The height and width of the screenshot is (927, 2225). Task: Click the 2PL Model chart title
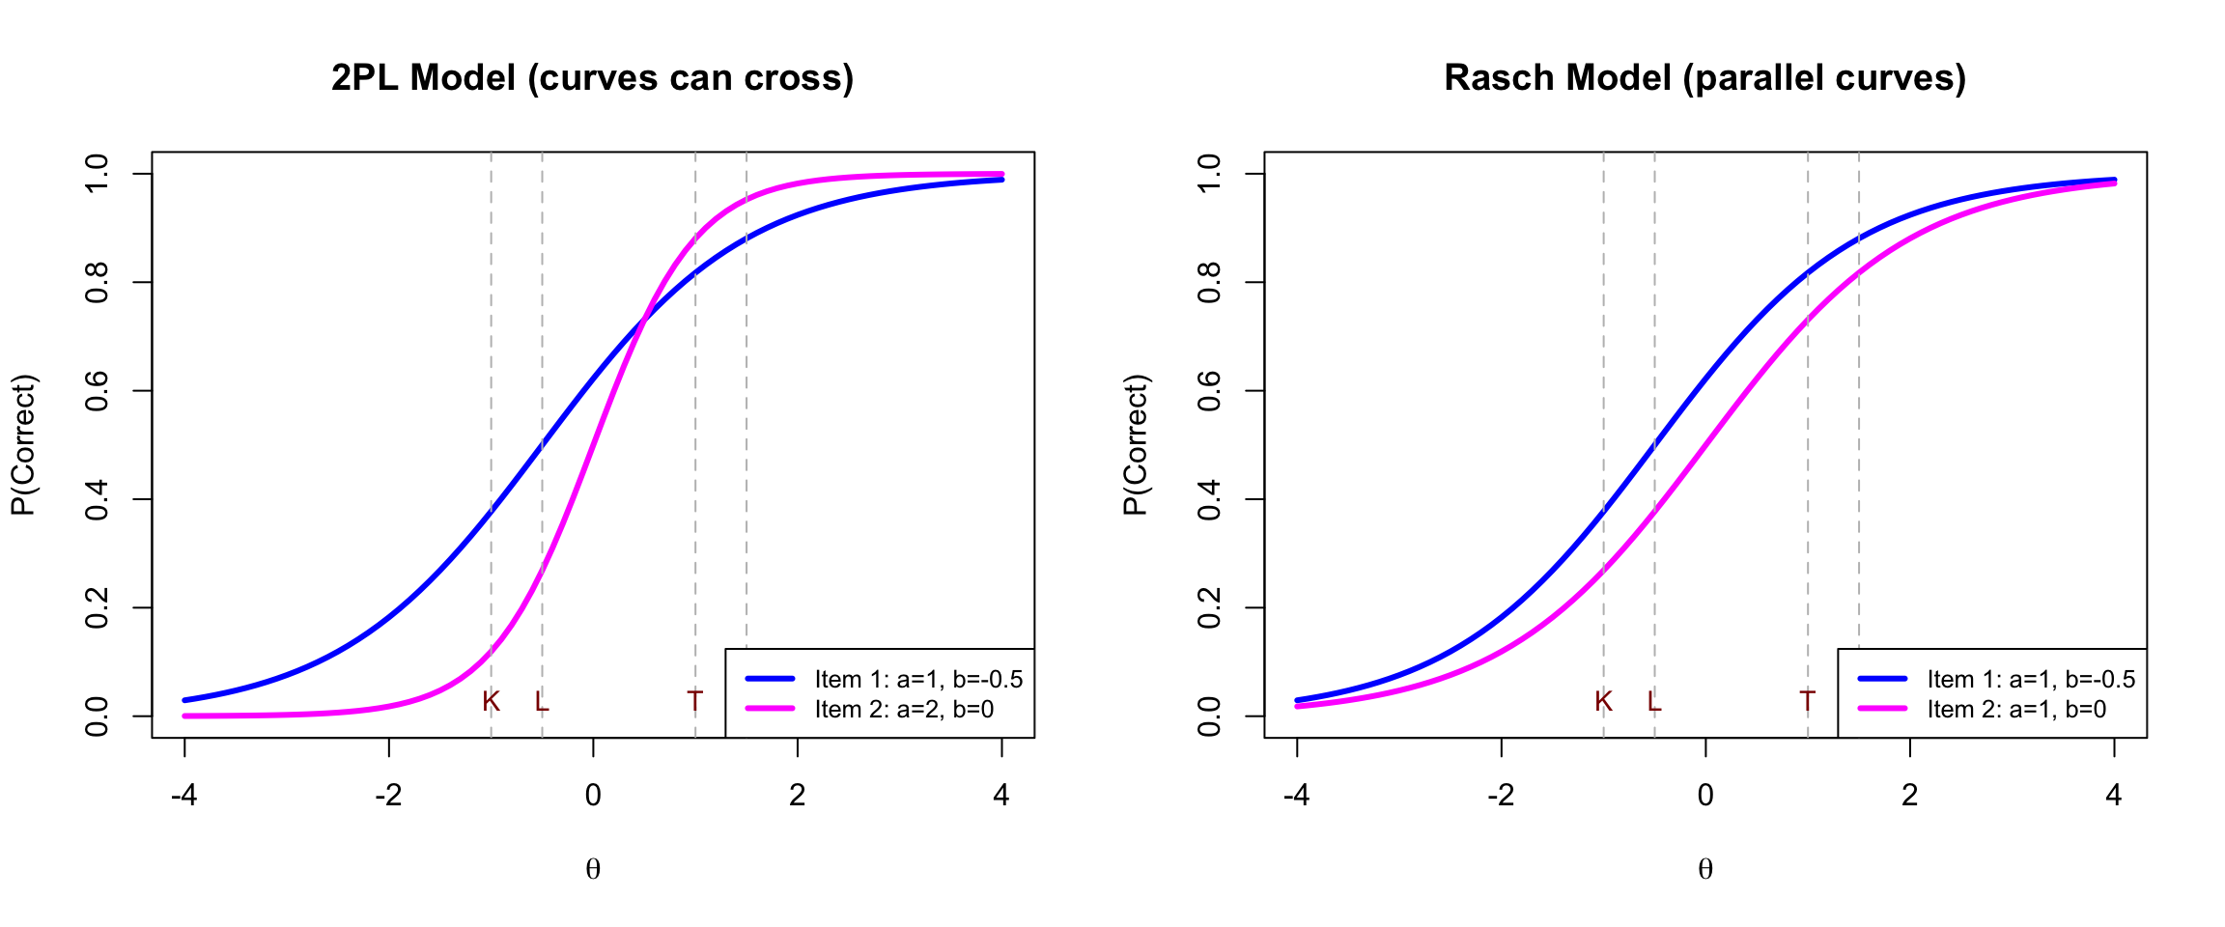coord(592,78)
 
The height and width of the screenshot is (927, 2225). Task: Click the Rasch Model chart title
coord(1704,78)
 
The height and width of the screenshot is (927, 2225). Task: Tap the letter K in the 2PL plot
coord(491,702)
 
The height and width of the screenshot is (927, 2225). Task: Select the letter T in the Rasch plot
coord(1807,702)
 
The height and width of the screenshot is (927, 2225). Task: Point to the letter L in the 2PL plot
coord(542,702)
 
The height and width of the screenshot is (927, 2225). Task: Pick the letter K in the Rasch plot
coord(1603,702)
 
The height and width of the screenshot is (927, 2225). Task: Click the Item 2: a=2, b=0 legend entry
coord(904,710)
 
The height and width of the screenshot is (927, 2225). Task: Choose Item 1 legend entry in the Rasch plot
coord(2030,680)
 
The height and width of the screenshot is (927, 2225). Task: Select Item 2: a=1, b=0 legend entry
coord(2016,710)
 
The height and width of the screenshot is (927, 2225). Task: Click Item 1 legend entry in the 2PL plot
coord(917,680)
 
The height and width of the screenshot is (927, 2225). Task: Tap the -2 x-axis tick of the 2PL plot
coord(388,796)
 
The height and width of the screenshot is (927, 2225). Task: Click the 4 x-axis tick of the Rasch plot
coord(2114,796)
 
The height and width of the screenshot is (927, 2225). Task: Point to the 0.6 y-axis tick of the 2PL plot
coord(97,391)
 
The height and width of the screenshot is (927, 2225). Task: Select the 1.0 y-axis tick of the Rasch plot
coord(1209,174)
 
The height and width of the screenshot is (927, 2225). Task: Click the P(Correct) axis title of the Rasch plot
coord(1136,445)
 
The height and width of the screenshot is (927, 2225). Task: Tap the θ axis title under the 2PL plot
coord(593,870)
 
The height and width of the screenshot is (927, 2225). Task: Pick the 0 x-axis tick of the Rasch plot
coord(1705,796)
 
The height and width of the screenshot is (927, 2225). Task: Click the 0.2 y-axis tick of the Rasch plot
coord(1209,608)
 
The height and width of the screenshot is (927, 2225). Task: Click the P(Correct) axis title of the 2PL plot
coord(23,445)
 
